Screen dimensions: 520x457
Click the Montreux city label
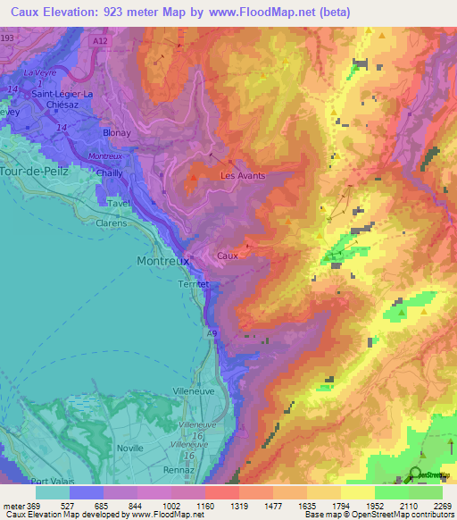(162, 261)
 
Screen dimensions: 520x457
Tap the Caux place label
(228, 256)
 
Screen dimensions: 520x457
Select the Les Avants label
(243, 176)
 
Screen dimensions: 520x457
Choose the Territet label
(194, 283)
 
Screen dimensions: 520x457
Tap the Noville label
(129, 448)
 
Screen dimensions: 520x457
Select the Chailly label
(109, 175)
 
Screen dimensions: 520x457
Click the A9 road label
(212, 333)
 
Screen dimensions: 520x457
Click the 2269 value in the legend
(443, 506)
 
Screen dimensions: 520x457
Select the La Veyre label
(39, 72)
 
